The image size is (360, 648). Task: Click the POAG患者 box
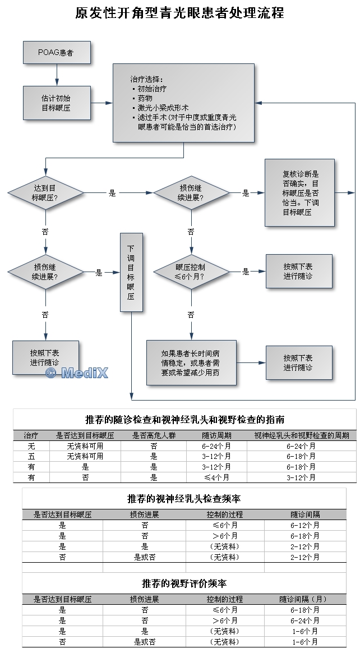click(x=56, y=52)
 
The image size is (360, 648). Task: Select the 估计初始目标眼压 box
click(x=56, y=103)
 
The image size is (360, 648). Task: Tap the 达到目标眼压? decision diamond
click(x=45, y=193)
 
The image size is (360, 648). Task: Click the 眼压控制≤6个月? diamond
click(x=191, y=272)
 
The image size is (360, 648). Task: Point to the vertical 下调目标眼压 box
click(x=130, y=272)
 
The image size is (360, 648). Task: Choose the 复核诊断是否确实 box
click(x=299, y=192)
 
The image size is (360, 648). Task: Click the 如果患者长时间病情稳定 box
click(x=191, y=362)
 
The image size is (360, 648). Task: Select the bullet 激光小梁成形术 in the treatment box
click(x=163, y=108)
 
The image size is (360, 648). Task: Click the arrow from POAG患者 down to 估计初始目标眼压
click(x=57, y=74)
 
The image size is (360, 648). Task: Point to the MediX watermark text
click(x=77, y=373)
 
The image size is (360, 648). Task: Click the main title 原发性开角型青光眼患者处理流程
click(x=179, y=13)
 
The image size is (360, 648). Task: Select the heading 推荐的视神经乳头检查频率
click(x=184, y=499)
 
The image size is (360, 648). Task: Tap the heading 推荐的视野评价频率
click(x=184, y=583)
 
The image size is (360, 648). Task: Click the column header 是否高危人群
click(x=154, y=435)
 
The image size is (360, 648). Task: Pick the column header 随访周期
click(x=216, y=435)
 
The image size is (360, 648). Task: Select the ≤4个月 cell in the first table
click(x=216, y=477)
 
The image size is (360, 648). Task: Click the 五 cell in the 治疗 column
click(x=31, y=456)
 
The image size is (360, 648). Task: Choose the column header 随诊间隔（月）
click(x=305, y=599)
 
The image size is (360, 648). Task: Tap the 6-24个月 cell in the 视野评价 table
click(x=305, y=621)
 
